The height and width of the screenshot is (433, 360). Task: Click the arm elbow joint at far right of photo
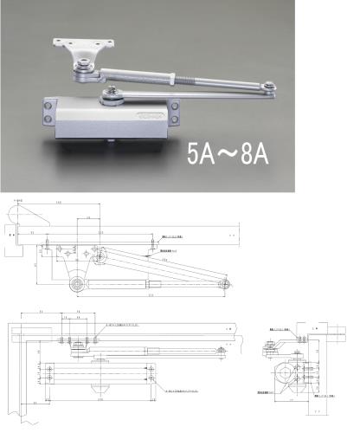click(270, 84)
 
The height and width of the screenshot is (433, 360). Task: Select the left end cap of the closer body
click(43, 113)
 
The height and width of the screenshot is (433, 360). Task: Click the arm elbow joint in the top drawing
click(226, 283)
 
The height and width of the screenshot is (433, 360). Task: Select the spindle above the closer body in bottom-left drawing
click(78, 346)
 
